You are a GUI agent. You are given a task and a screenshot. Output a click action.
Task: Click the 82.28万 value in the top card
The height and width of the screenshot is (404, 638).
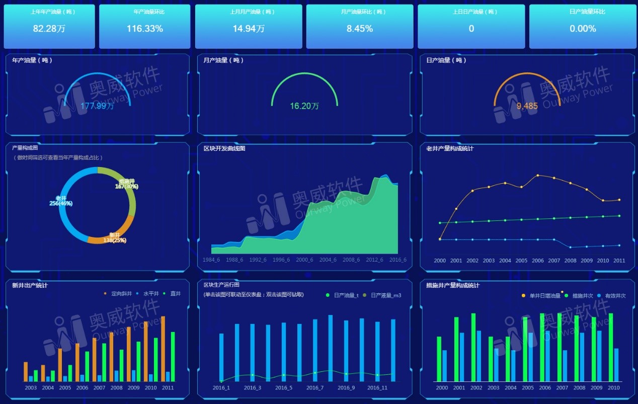click(x=49, y=29)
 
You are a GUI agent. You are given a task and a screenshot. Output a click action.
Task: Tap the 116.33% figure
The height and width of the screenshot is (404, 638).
click(x=145, y=29)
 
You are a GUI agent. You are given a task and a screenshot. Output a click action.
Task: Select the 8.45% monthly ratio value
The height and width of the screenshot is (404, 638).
click(x=360, y=29)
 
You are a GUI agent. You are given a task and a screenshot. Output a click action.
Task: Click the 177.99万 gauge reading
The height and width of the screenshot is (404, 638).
click(x=97, y=106)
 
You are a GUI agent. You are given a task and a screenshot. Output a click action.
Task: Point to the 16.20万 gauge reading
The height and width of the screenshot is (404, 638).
click(x=304, y=106)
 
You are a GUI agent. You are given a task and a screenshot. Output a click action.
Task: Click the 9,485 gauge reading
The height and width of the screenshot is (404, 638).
click(x=527, y=106)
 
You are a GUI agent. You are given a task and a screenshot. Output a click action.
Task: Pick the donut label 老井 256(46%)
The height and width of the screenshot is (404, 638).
click(x=61, y=201)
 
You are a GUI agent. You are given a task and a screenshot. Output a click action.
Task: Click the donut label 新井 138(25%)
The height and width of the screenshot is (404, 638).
click(x=114, y=238)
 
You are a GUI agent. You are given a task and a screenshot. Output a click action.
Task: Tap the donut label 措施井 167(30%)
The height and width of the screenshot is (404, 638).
click(x=127, y=184)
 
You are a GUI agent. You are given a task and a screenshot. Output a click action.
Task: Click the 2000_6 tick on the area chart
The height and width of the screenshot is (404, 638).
click(x=305, y=260)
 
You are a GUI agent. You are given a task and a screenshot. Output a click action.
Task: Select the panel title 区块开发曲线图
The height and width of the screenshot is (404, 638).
click(x=224, y=148)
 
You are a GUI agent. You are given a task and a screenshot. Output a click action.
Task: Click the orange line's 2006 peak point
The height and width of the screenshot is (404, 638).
click(x=538, y=175)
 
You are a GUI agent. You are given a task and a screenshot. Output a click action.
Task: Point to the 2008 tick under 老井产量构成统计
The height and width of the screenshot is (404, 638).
click(x=571, y=261)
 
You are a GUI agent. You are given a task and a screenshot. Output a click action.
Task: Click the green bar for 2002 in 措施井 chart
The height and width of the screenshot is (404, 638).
click(x=473, y=347)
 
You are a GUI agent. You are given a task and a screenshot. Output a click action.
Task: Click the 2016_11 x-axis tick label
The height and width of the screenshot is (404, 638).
click(x=377, y=388)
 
